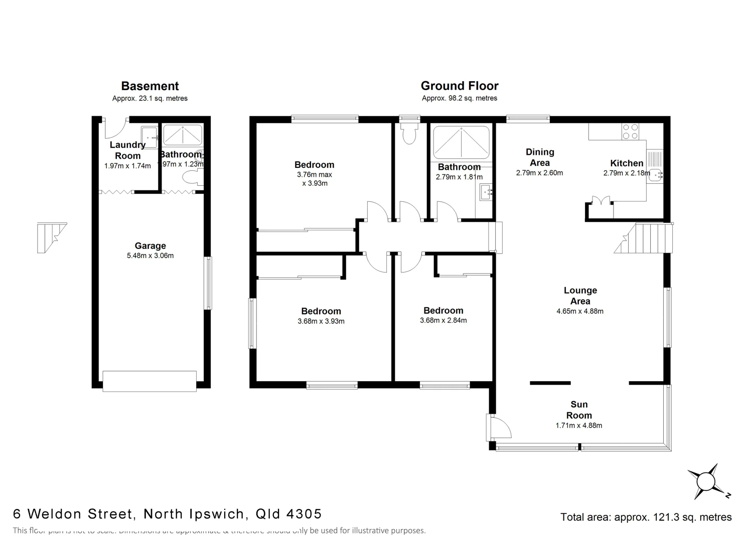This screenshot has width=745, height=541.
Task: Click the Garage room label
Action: point(150,245)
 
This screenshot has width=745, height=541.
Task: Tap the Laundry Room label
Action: point(127,150)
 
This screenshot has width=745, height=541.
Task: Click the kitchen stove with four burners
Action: point(630,131)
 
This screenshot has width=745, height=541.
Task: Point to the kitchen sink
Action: point(655,175)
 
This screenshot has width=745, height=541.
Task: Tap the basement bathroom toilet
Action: point(191,176)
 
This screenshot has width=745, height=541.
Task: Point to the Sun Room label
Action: point(579,410)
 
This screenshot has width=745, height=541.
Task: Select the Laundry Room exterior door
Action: point(115,129)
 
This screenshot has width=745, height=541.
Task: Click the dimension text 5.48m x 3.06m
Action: point(150,255)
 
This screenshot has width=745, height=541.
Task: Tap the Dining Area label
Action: point(540,157)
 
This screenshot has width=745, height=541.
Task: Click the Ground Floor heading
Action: point(459,86)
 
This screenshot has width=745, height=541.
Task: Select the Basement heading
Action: point(150,86)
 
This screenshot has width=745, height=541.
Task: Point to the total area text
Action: point(646,517)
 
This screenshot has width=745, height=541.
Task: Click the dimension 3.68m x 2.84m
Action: point(443,321)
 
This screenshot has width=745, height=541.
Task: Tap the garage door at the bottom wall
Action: point(150,381)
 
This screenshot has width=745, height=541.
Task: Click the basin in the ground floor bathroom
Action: point(485,192)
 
